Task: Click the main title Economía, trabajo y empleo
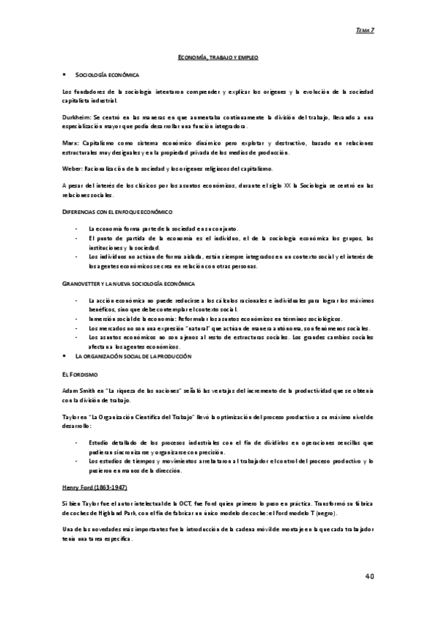218,56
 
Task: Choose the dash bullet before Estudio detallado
77,442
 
